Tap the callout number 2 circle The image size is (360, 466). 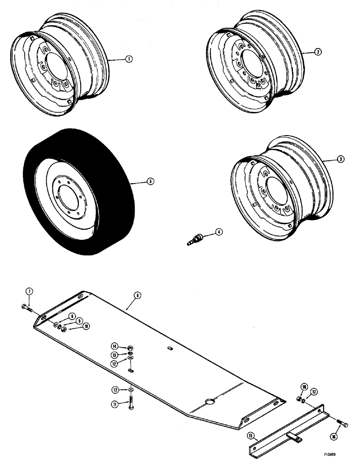pos(317,53)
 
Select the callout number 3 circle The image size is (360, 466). pos(340,159)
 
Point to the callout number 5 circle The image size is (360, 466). pos(149,181)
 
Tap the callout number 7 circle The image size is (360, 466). pos(29,292)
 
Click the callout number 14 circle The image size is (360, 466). pos(114,346)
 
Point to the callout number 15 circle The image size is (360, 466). pos(251,437)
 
